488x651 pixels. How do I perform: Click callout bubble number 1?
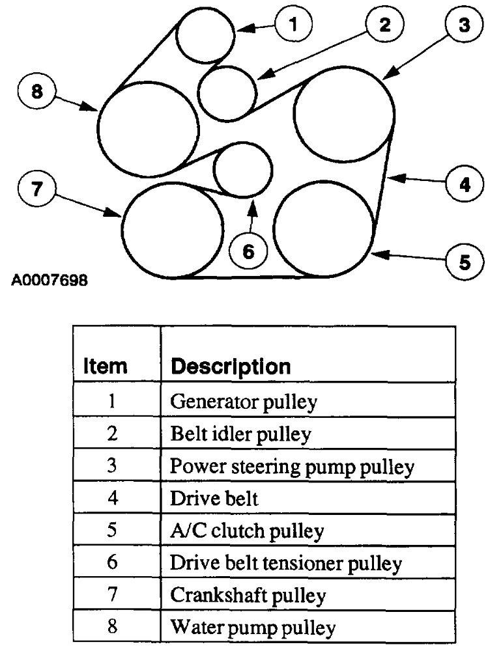point(294,25)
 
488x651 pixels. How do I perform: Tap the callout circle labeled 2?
point(384,25)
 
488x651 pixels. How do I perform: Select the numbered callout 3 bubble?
point(463,25)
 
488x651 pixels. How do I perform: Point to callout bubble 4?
point(464,185)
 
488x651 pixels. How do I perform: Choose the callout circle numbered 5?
point(464,262)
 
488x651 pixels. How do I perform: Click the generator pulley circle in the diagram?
point(206,36)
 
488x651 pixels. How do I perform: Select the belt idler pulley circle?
point(227,94)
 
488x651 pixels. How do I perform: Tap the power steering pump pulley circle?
point(343,115)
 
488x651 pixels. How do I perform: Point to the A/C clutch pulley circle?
point(324,229)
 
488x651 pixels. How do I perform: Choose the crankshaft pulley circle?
point(173,230)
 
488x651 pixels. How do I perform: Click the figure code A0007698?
point(49,282)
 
